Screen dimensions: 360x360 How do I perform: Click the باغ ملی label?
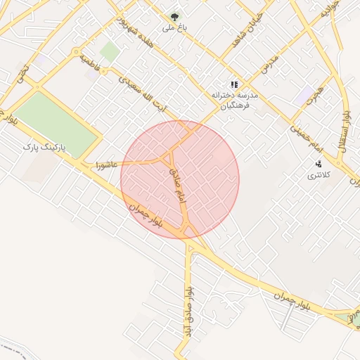172,28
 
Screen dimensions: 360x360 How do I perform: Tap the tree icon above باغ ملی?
174,15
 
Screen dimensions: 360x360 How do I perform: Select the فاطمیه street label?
91,63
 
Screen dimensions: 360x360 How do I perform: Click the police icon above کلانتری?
319,164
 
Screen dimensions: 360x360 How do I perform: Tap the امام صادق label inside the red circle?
176,185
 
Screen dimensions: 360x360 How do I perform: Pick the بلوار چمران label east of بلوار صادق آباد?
294,304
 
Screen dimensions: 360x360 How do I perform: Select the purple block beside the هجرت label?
304,96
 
